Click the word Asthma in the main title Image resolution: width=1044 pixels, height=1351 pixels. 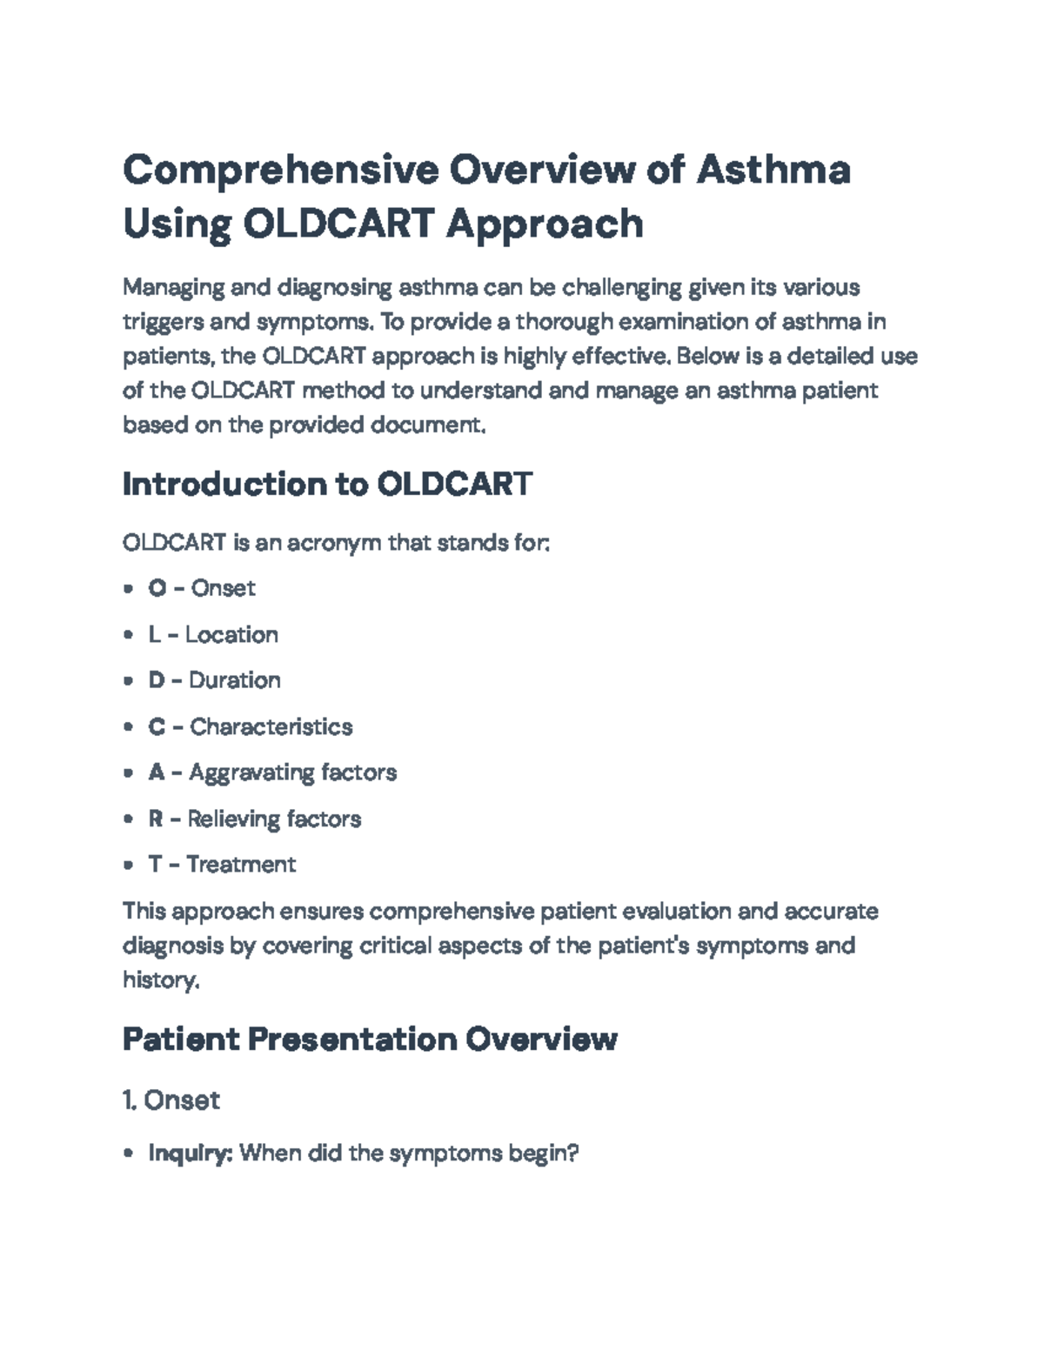pos(773,169)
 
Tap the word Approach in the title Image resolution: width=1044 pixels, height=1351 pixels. pos(545,225)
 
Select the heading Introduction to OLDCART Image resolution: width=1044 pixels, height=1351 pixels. pos(328,484)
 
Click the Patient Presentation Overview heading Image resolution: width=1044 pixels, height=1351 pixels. pos(370,1039)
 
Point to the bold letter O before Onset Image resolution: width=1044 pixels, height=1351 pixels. pos(157,588)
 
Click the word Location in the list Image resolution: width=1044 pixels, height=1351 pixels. pos(231,635)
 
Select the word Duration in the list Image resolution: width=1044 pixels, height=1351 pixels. pos(234,680)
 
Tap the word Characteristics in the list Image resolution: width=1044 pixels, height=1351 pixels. pos(271,726)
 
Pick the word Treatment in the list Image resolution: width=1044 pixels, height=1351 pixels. pos(241,865)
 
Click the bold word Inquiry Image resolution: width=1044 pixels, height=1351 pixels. pos(191,1154)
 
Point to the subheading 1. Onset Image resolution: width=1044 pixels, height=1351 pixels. pos(171,1100)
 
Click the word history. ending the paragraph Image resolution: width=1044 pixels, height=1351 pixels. pos(161,980)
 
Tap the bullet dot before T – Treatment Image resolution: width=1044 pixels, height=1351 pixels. pos(129,865)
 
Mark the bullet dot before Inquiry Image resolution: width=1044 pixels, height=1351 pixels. pos(129,1154)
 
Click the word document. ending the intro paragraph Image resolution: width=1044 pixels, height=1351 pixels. pos(428,425)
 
